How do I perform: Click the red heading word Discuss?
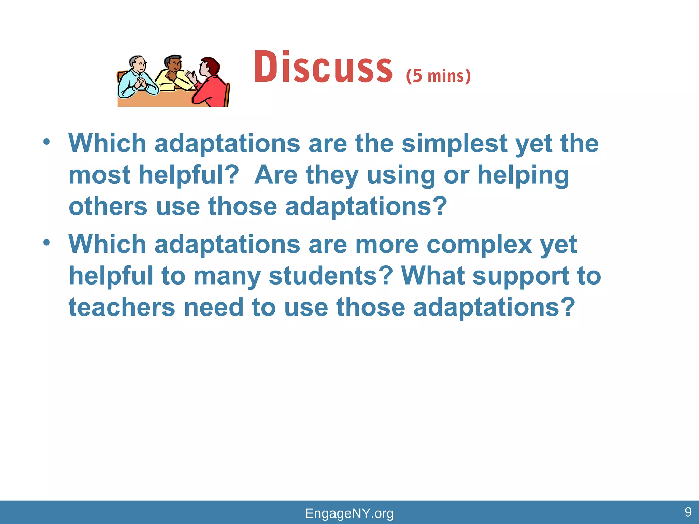323,67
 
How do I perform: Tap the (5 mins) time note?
438,76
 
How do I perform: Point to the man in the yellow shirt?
172,73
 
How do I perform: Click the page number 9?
688,512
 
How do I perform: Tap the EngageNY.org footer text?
349,513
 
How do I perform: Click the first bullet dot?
47,141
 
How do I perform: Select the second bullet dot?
47,242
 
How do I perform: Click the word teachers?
122,307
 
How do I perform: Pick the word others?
108,207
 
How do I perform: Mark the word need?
213,307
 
